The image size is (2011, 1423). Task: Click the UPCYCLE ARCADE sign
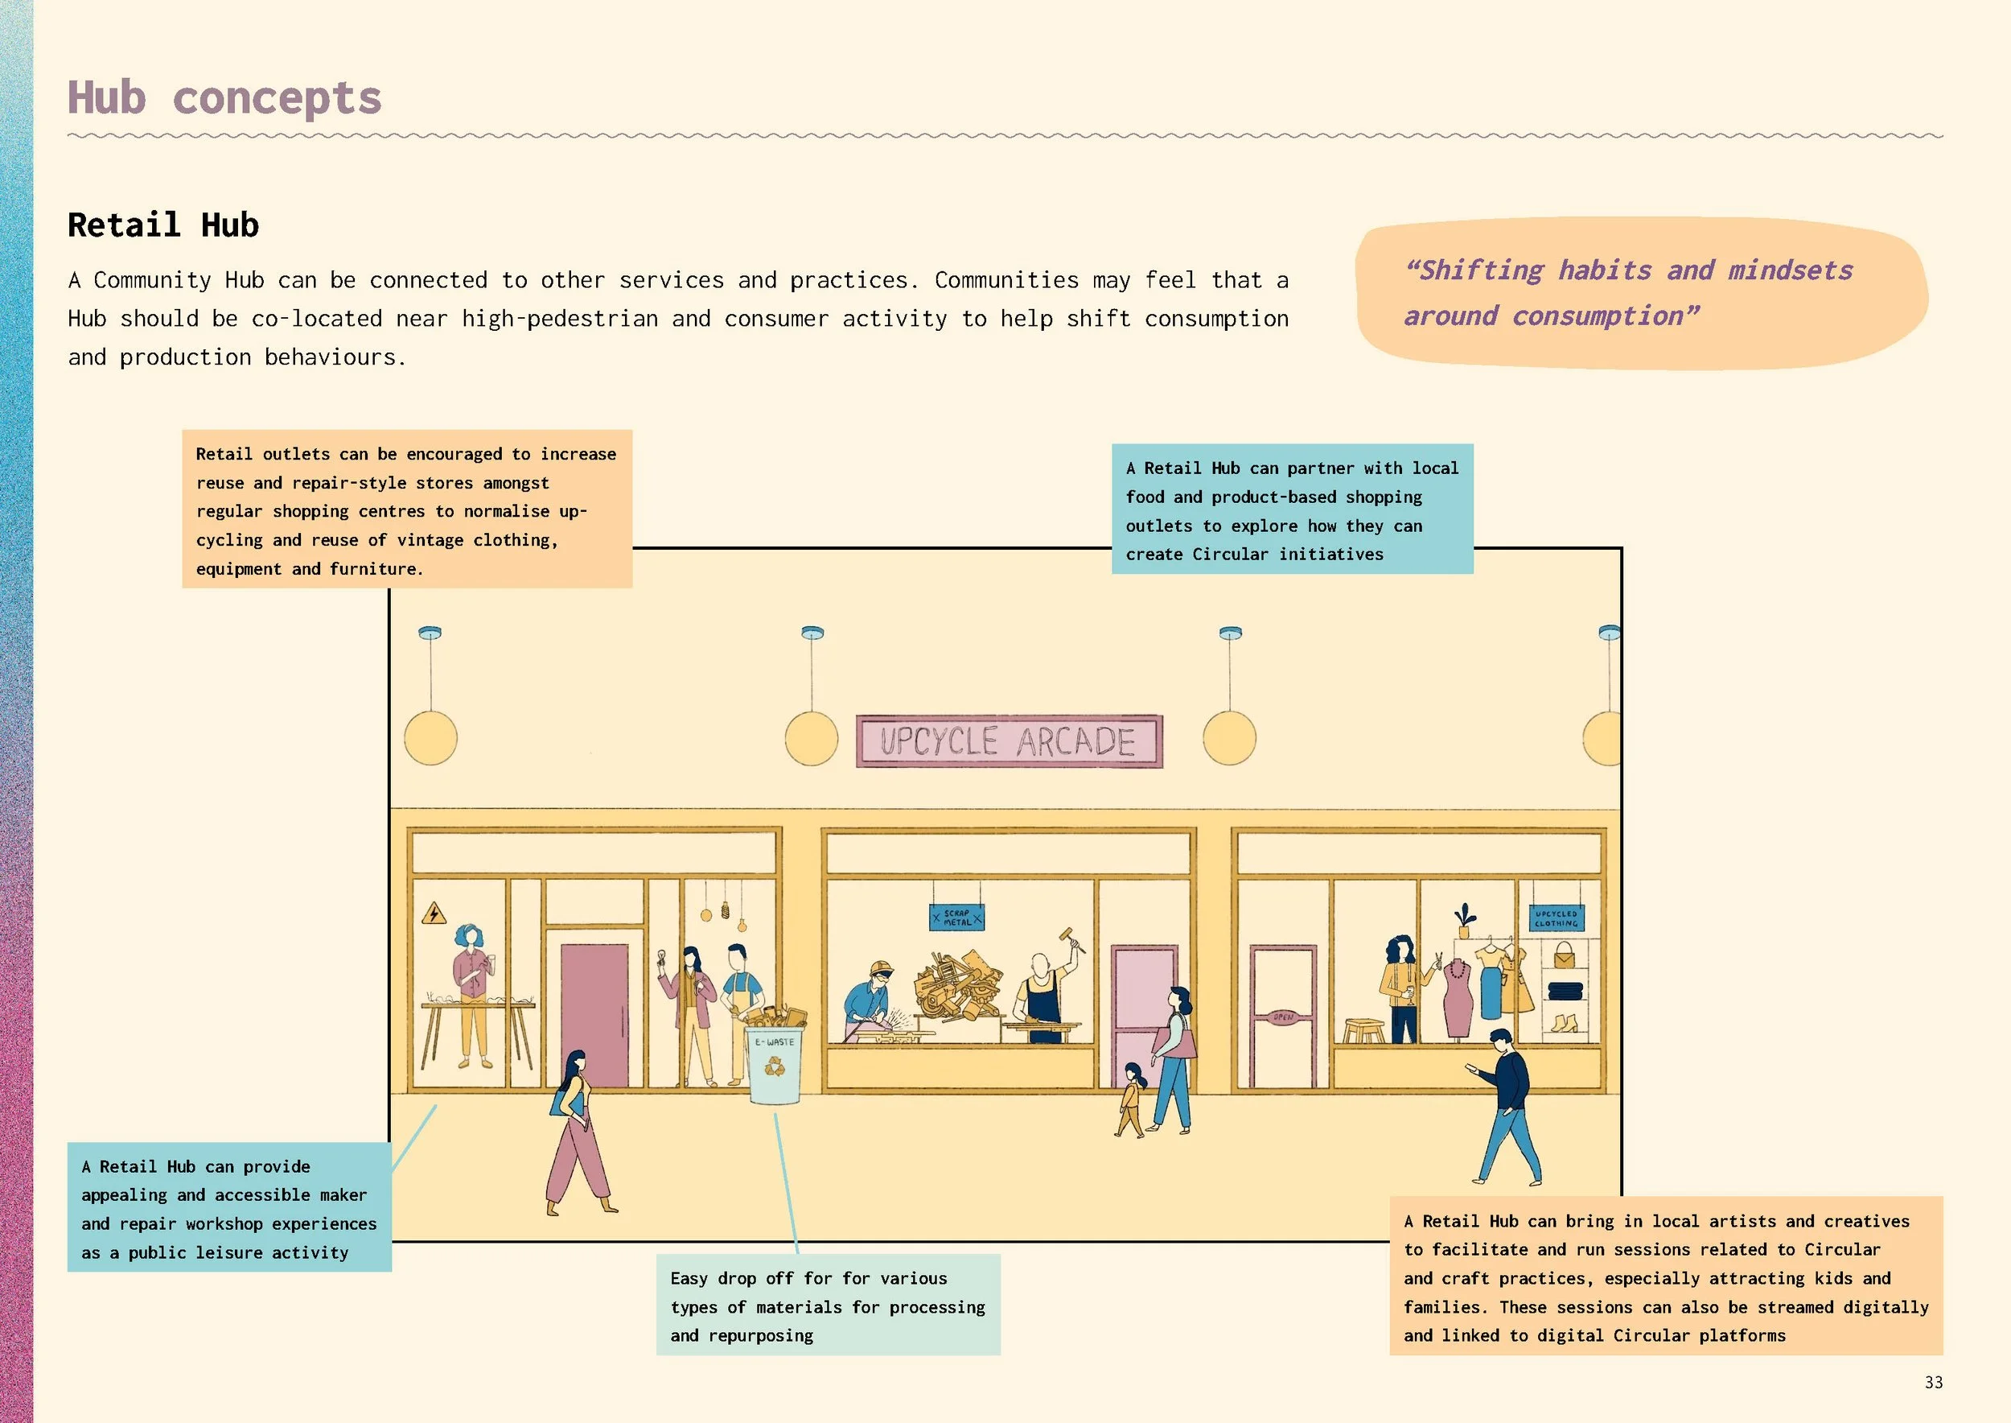[1009, 741]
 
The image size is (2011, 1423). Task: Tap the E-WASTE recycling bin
[775, 1064]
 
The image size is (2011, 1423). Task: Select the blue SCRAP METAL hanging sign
[956, 918]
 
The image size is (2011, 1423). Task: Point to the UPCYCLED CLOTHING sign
[1556, 918]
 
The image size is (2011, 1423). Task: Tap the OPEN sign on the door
[1283, 1017]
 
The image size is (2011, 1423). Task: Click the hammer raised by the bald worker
[1072, 938]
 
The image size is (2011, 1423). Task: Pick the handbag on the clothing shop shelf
[1565, 955]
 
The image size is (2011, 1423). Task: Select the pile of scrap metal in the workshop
[958, 986]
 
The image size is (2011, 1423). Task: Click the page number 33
[1934, 1382]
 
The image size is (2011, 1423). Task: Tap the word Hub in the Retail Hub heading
[230, 225]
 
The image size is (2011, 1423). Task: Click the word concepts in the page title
[277, 98]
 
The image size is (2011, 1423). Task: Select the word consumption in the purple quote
[1598, 316]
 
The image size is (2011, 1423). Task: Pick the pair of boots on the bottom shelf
[1565, 1022]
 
